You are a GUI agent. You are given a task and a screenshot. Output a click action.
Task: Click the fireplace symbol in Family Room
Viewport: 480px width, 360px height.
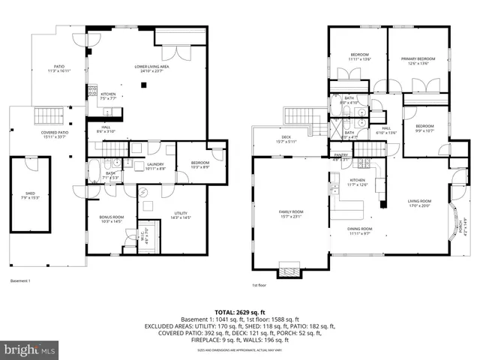coord(288,268)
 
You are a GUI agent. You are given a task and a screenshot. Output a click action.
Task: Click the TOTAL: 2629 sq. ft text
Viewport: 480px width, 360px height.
coord(240,311)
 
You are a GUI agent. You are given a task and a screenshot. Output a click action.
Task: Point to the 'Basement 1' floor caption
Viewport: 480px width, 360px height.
coord(20,280)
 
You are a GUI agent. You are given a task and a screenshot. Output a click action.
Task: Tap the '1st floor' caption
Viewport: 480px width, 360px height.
coord(260,285)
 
